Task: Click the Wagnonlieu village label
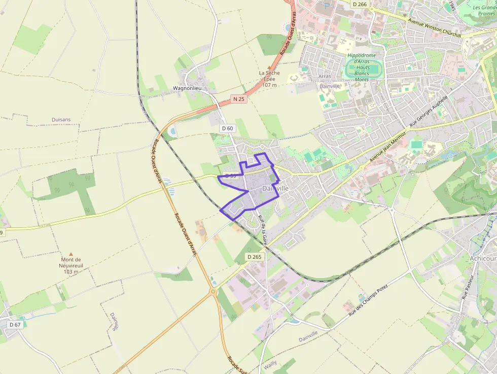coord(187,88)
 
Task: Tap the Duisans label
coord(61,120)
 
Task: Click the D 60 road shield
coord(228,128)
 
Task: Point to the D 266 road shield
coord(359,4)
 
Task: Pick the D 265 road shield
coord(255,257)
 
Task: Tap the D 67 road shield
coord(15,324)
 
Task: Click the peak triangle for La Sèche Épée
coord(269,66)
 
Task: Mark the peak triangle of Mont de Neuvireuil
coord(70,254)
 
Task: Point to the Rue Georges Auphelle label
coord(429,112)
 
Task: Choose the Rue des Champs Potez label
coord(368,301)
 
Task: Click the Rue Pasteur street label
coord(467,287)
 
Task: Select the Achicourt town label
coord(483,258)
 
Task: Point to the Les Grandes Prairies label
coord(484,11)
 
